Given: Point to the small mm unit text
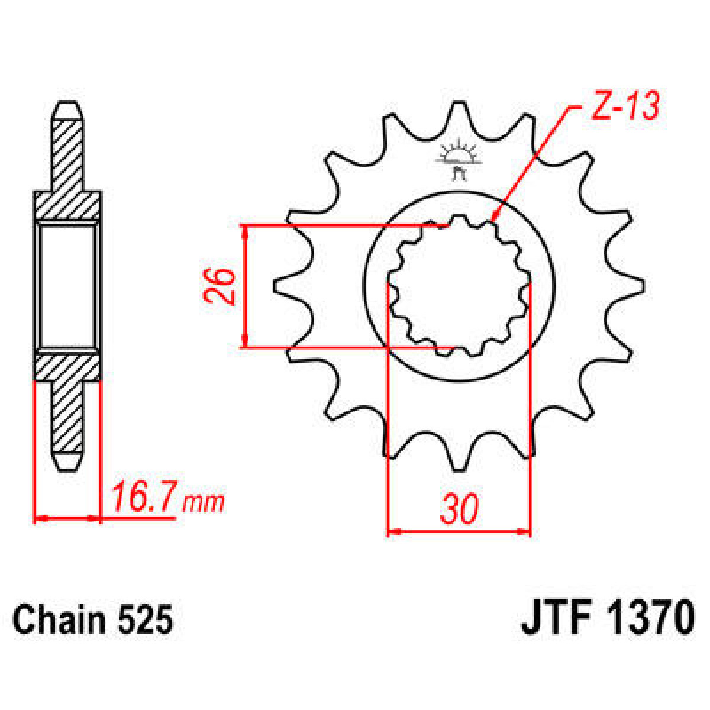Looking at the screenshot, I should pyautogui.click(x=203, y=503).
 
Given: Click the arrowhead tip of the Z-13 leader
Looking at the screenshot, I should pyautogui.click(x=492, y=222).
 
